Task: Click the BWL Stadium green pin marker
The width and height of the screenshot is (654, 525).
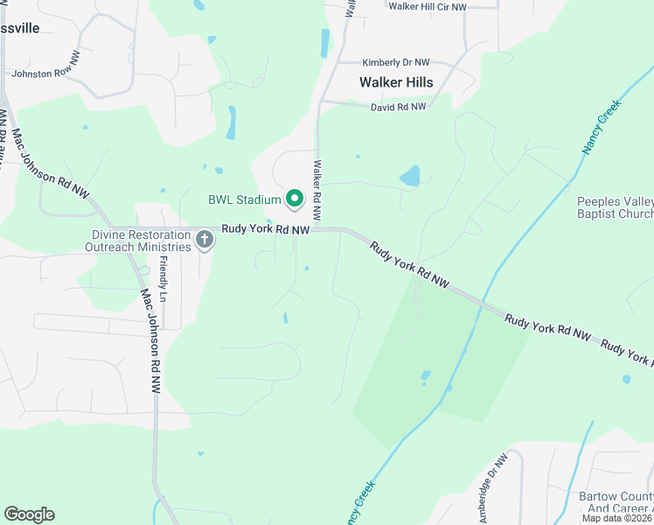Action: click(x=295, y=199)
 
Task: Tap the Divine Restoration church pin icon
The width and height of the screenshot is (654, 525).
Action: click(x=205, y=238)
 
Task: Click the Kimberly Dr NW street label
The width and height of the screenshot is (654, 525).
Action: click(x=396, y=63)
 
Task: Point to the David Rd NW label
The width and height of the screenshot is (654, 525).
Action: click(x=398, y=107)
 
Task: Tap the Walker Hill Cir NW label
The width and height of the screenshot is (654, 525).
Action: click(x=428, y=6)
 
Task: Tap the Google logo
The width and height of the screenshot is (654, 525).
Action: click(x=29, y=514)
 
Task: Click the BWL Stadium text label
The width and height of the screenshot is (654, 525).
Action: click(x=244, y=199)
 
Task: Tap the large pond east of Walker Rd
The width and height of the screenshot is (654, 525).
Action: click(x=409, y=177)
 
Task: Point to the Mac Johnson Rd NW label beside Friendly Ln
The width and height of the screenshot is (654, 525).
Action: click(x=150, y=340)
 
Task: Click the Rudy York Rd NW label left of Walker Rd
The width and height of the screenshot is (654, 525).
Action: click(x=265, y=229)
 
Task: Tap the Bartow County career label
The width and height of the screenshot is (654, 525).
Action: click(x=616, y=502)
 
